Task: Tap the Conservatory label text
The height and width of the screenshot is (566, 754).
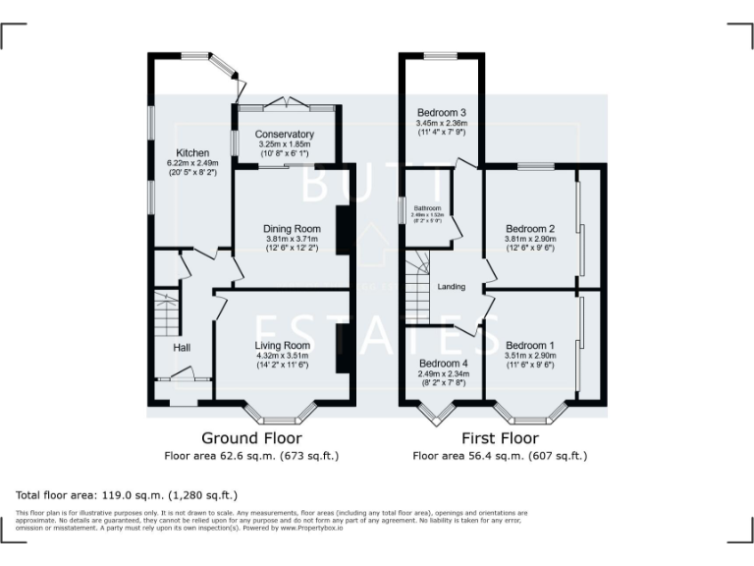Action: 284,134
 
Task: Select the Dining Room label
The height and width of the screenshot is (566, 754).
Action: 293,228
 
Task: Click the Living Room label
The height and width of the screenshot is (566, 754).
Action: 283,346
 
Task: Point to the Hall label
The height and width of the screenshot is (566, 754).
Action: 182,348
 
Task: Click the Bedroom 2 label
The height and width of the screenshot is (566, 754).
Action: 530,228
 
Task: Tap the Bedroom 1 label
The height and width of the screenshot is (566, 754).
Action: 530,346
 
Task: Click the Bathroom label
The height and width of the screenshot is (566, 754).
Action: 426,208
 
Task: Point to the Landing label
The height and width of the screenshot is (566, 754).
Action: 451,287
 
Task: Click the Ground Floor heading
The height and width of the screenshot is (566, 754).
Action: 251,437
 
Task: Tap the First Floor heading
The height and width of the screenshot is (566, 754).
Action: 500,437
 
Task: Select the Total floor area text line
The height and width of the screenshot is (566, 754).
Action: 126,495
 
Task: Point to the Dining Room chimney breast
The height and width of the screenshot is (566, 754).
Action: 344,232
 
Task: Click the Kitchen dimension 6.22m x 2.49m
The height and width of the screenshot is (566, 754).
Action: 191,163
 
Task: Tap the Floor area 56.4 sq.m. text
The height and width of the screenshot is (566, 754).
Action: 500,456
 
